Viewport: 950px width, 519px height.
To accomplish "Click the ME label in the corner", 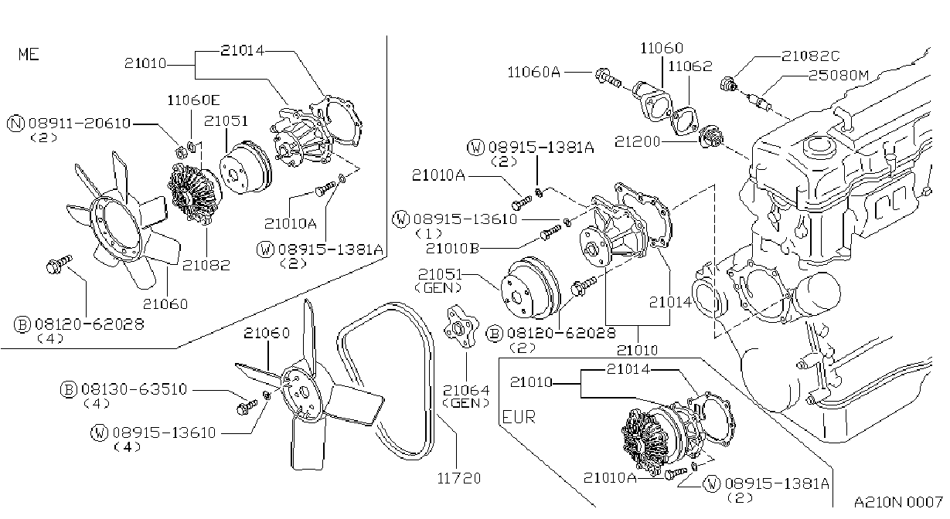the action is pos(29,54).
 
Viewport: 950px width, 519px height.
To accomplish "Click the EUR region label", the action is pos(519,417).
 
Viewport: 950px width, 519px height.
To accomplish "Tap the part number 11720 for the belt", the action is pos(459,478).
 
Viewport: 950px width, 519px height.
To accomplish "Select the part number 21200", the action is pos(637,141).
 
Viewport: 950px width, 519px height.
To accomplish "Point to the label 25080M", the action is pos(839,76).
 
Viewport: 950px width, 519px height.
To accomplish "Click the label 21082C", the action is pos(810,56).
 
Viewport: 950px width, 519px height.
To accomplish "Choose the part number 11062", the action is pos(690,66).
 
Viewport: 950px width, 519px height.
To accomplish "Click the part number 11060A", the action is pos(534,73).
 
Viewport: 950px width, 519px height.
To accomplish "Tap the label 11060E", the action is pos(193,100).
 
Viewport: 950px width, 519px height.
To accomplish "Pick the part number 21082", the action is pos(206,265).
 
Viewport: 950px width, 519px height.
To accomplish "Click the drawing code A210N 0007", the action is pos(898,502).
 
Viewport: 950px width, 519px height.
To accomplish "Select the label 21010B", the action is pos(452,248).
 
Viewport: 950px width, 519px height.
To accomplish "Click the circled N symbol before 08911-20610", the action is pos(16,124).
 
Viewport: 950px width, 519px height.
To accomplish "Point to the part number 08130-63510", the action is pos(134,389).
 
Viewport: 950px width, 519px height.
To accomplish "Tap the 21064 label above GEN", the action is pos(466,390).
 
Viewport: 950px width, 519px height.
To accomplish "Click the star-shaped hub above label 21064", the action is pos(461,327).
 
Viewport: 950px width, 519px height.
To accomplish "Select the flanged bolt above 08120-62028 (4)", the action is pos(59,263).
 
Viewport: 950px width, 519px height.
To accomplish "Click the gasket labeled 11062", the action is pos(683,121).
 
